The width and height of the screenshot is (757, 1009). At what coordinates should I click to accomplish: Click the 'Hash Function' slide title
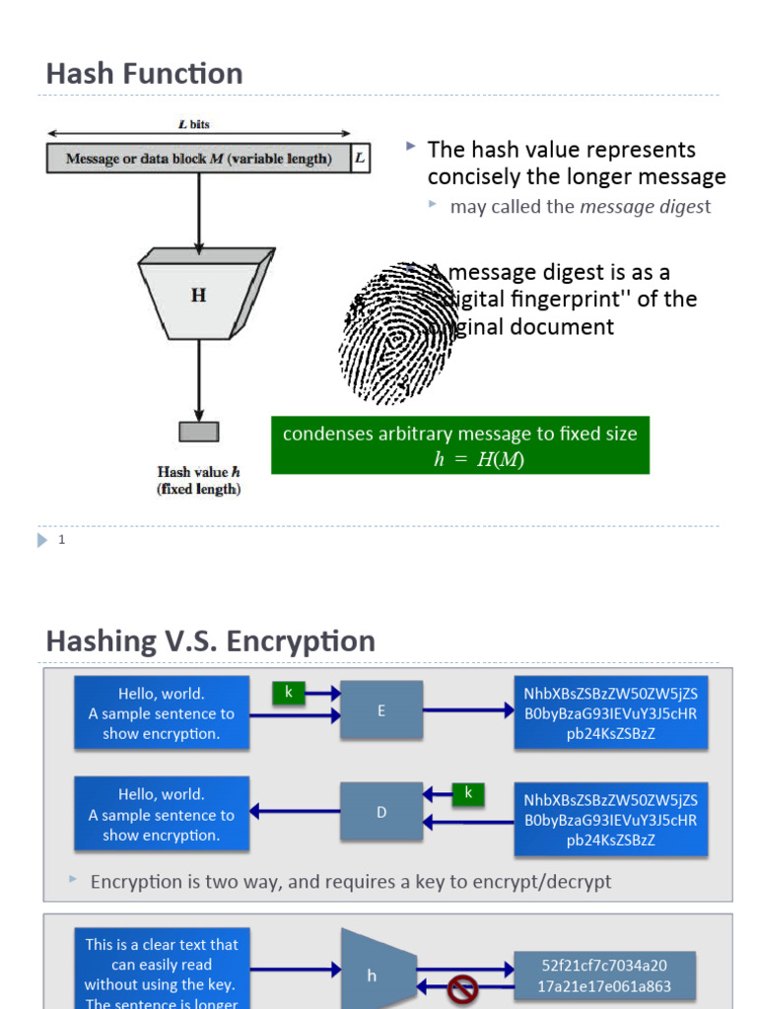[144, 74]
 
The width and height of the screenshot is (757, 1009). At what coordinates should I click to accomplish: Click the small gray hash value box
[199, 432]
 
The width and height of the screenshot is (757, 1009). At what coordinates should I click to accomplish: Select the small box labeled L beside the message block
[360, 158]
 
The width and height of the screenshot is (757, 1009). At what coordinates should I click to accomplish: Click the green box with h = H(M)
[460, 445]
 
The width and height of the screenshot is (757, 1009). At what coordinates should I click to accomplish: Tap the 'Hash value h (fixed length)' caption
[199, 480]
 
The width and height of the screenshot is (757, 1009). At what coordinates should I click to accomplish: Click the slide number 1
[61, 540]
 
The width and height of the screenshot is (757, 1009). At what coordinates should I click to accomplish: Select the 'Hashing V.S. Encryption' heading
[210, 641]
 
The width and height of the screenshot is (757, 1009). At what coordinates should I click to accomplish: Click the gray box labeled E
[381, 709]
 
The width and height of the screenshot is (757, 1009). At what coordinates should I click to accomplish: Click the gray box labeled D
[381, 812]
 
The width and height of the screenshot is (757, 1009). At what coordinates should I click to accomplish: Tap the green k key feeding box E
[289, 693]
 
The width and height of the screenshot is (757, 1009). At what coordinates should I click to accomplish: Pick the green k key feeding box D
[468, 793]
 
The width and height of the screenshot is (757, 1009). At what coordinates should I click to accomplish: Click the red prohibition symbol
[462, 991]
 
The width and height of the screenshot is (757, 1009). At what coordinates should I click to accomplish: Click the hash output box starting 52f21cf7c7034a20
[605, 975]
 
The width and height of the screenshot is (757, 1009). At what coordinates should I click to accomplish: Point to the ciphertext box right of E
[610, 712]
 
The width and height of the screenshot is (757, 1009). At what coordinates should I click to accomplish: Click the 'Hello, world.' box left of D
[162, 814]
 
